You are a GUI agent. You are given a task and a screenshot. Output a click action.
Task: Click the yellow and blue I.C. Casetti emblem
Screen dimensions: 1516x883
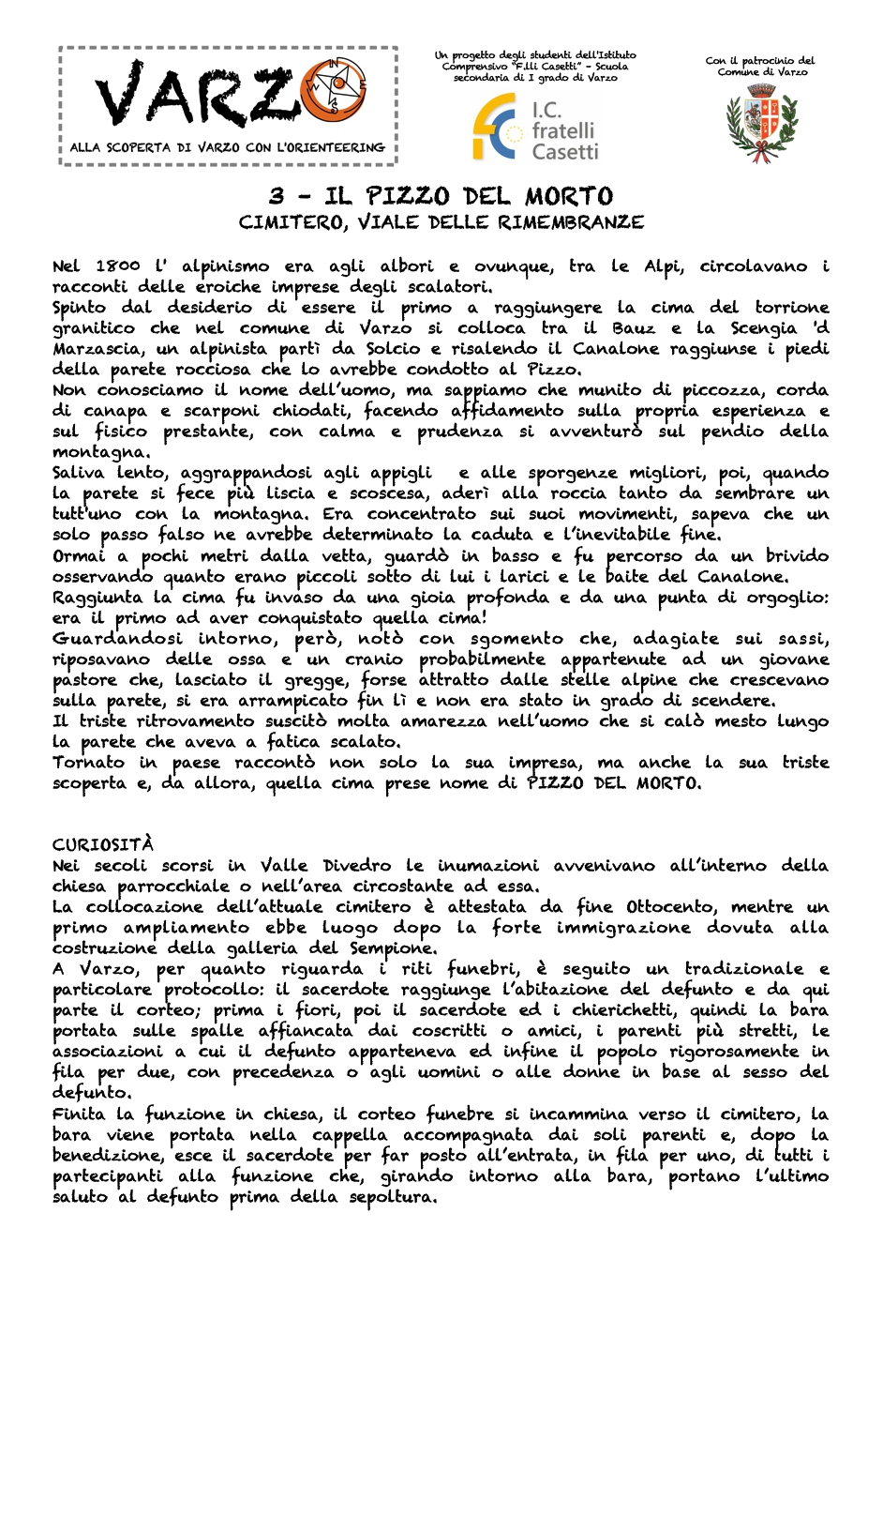pyautogui.click(x=496, y=127)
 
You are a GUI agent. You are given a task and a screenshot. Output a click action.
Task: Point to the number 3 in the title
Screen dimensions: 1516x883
pyautogui.click(x=277, y=196)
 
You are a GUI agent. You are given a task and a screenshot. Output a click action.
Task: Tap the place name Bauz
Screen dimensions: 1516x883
pyautogui.click(x=634, y=328)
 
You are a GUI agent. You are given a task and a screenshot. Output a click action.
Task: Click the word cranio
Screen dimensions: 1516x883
pyautogui.click(x=374, y=659)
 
